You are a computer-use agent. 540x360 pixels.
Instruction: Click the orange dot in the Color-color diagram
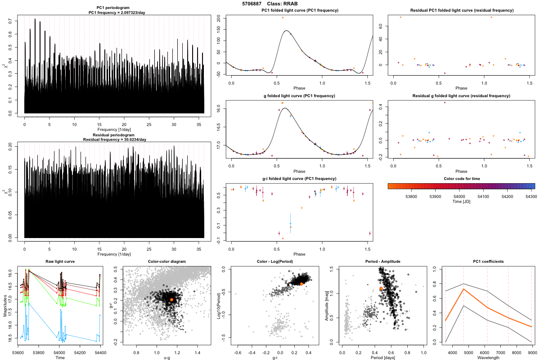[x=171, y=299]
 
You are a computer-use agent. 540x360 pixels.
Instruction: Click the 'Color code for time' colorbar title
[x=461, y=179]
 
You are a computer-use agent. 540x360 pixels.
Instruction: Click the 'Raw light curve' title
[x=60, y=261]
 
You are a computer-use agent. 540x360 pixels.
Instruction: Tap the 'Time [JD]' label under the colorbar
[x=461, y=202]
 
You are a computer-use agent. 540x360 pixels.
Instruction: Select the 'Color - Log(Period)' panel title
[x=275, y=261]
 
